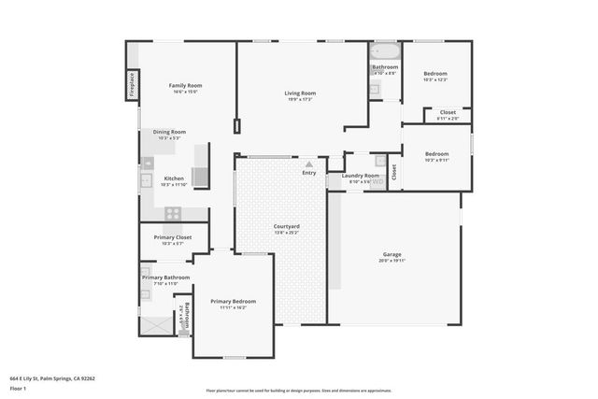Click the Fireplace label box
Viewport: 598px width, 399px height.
coord(133,84)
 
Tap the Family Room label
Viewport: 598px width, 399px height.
coord(185,85)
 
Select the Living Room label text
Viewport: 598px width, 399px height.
coord(300,93)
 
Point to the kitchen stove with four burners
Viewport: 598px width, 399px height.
coord(173,212)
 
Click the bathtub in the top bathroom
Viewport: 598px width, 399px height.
coord(385,51)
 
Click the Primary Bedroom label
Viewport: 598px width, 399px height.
coord(233,301)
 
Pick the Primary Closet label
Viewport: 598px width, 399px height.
coord(172,237)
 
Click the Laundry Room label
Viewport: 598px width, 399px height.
coord(360,176)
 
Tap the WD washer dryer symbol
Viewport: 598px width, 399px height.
coord(377,182)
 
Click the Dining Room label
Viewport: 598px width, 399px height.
coord(170,132)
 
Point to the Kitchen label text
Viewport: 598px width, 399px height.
coord(174,178)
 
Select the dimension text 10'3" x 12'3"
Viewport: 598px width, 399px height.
coord(436,80)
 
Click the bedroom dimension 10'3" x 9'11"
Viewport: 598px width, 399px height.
coord(436,160)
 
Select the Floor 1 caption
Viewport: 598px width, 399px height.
coord(18,389)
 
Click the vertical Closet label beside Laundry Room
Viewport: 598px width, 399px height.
coord(393,172)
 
